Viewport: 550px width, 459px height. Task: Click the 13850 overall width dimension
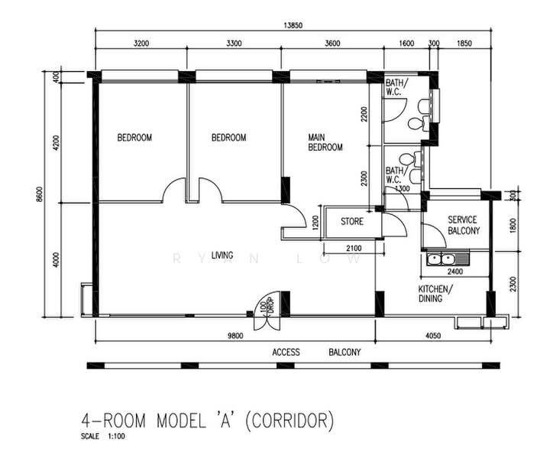click(293, 25)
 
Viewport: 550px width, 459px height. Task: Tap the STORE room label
click(352, 222)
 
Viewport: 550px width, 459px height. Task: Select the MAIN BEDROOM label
click(325, 142)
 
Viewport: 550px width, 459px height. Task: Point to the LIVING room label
click(222, 256)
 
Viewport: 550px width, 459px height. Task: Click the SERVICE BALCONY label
click(464, 225)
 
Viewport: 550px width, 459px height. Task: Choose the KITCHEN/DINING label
click(435, 294)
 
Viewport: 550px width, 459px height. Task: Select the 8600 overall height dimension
click(39, 194)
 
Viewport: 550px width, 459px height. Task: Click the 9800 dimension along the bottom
click(235, 336)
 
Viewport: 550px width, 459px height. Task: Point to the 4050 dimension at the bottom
click(433, 336)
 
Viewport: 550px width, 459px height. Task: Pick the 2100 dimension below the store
click(354, 249)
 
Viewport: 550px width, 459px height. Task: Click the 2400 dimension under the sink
click(455, 272)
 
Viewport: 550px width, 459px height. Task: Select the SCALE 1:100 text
click(103, 437)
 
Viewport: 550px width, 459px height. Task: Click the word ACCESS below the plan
click(286, 352)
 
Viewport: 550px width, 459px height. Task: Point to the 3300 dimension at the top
click(234, 43)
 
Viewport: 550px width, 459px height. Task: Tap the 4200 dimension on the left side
click(56, 142)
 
